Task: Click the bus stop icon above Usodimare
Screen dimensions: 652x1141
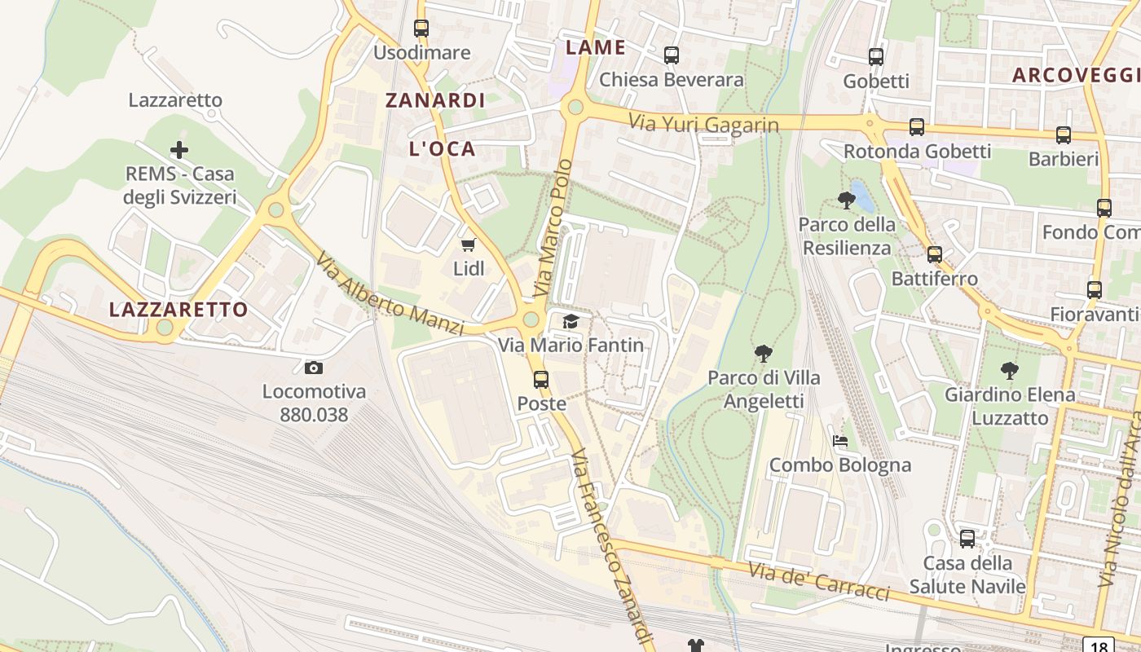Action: [421, 29]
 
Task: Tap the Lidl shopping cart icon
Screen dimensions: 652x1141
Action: [469, 244]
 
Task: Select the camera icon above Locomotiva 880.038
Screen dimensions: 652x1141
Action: [314, 368]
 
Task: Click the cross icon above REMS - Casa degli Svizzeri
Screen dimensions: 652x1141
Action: [179, 150]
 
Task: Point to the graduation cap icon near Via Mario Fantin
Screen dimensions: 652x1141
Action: [570, 322]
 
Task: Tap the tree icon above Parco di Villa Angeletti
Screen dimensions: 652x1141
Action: [764, 354]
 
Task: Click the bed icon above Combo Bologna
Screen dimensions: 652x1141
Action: [840, 441]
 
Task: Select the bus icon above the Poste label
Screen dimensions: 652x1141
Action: [541, 380]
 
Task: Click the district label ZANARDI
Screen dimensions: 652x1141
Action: [435, 100]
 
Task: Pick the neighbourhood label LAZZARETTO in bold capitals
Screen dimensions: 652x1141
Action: [178, 310]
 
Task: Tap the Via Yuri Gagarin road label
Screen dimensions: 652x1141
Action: [703, 123]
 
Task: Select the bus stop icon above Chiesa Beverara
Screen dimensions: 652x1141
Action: [672, 55]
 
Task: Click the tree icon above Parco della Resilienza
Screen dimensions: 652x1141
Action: [847, 200]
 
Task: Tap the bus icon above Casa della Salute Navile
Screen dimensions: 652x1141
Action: [967, 539]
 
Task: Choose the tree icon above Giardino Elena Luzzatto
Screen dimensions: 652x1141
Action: [1010, 371]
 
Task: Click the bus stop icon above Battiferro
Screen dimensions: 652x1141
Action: [935, 254]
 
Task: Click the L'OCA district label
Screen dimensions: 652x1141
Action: [443, 148]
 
